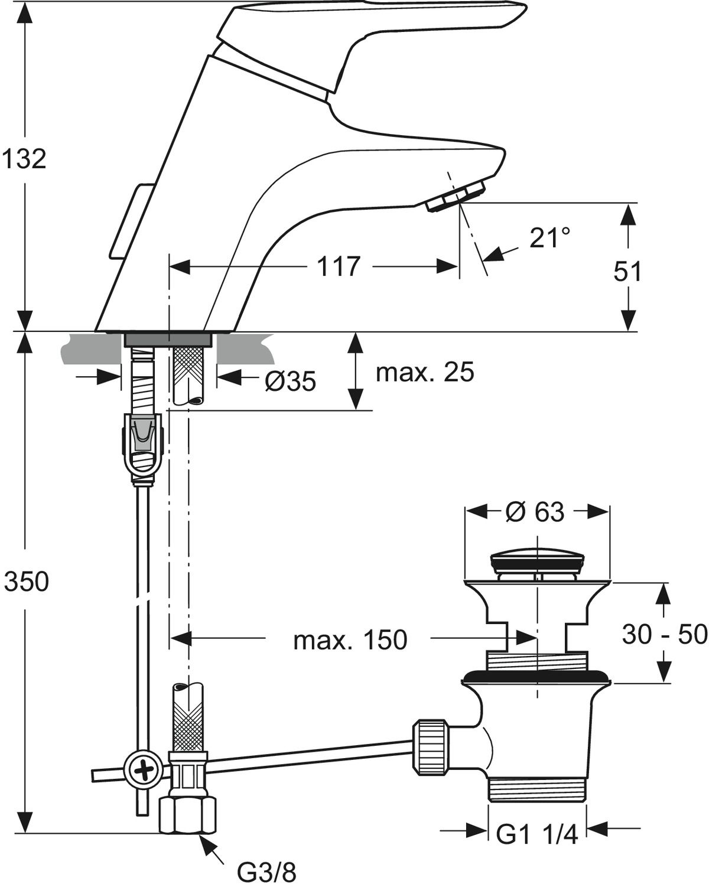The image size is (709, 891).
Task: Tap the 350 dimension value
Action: (26, 582)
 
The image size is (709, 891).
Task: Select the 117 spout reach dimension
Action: (339, 266)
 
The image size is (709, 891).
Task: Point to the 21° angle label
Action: (549, 237)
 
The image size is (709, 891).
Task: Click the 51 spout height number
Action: (627, 272)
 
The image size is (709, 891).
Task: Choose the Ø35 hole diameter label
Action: (290, 382)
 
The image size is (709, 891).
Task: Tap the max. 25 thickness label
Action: (425, 372)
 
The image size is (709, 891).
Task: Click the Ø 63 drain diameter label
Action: (535, 512)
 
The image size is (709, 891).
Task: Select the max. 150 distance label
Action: (350, 639)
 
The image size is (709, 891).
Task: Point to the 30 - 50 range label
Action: (665, 634)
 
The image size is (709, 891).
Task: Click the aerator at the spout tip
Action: (456, 196)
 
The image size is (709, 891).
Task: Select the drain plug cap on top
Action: (537, 559)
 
